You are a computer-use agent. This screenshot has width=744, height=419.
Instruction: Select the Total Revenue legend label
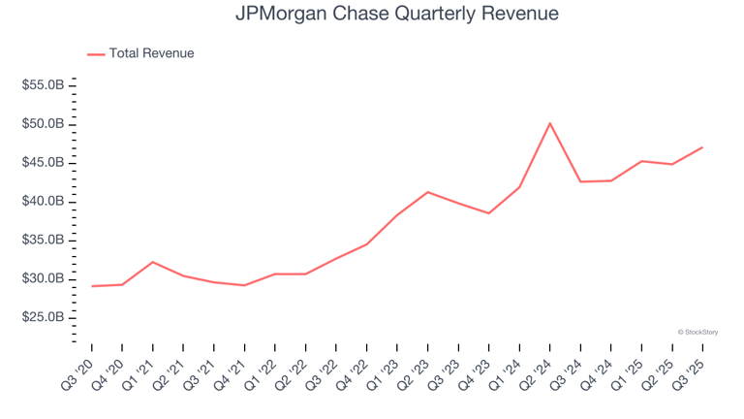pos(151,53)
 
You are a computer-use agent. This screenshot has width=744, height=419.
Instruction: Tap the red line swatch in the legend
pos(96,54)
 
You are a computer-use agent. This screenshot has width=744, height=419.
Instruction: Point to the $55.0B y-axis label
pos(44,86)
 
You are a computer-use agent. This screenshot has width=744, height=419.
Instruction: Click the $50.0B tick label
pos(44,124)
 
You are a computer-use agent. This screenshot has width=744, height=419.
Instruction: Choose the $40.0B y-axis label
pos(44,202)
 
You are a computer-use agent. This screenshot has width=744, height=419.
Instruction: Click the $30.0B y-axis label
pos(44,279)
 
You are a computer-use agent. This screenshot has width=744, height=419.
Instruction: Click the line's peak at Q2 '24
pos(549,123)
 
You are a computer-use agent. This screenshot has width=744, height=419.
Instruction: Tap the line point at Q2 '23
pos(428,192)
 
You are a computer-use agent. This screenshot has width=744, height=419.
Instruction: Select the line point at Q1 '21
pos(153,262)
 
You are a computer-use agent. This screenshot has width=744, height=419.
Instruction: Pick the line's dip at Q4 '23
pos(488,213)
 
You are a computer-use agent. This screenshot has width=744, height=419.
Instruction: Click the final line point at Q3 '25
pos(701,147)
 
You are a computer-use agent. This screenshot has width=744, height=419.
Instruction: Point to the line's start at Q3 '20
pos(92,286)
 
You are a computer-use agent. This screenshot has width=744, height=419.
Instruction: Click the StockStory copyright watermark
pos(697,332)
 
